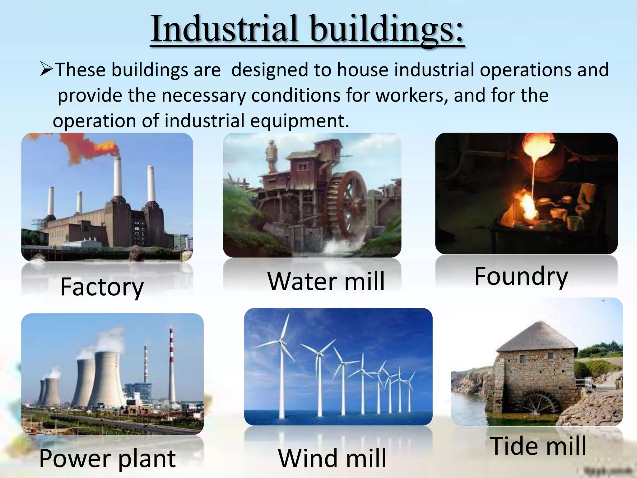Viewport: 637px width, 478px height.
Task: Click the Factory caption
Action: pos(102,287)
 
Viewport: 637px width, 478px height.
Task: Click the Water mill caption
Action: pos(326,281)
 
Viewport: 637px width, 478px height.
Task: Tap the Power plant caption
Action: pos(107,458)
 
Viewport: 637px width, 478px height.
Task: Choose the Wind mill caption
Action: pos(332,458)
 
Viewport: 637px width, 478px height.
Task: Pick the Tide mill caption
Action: pos(538,446)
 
